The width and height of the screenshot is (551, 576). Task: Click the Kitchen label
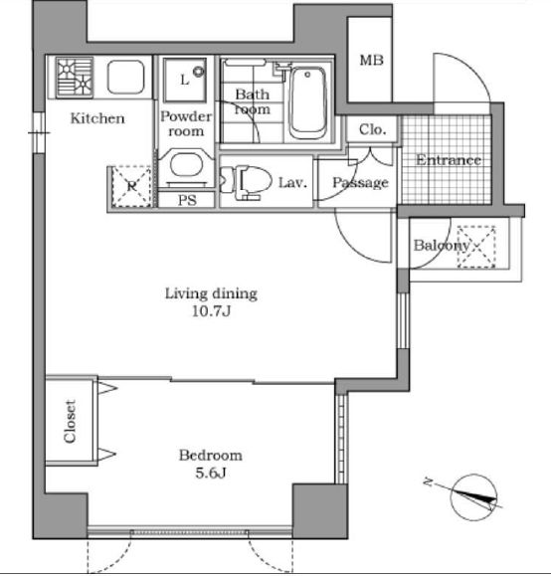(96, 119)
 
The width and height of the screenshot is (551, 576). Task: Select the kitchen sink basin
(126, 78)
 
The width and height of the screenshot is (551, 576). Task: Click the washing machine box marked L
(186, 77)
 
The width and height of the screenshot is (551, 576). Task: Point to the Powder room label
(185, 123)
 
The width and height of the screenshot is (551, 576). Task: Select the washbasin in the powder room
(184, 168)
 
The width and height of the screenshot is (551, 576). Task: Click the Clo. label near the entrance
(372, 129)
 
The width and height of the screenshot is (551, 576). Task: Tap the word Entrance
(448, 160)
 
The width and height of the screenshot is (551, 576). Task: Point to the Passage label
(360, 182)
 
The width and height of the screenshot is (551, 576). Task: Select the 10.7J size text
(211, 311)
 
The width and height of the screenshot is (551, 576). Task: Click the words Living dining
(211, 293)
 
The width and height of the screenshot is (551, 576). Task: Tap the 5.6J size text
(210, 474)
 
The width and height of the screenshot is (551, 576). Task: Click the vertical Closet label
(71, 422)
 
